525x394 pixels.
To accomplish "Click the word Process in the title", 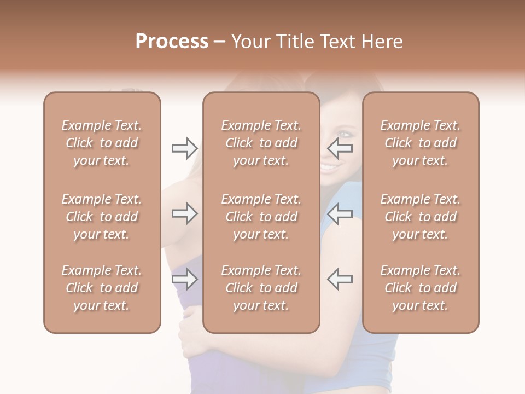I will click(x=172, y=42).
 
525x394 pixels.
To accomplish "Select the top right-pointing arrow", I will click(x=184, y=148).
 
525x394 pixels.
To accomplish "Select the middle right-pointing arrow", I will click(x=184, y=214).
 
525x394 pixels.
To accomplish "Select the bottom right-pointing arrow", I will click(x=184, y=280).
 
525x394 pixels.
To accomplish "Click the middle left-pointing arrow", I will click(x=340, y=214).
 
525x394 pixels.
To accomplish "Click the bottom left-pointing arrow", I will click(x=340, y=280).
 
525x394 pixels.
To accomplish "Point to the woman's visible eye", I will click(x=344, y=134).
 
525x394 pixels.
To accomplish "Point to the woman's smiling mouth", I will click(x=330, y=165).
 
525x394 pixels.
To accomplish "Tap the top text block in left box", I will click(x=102, y=143).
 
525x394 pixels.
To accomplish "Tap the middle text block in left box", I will click(x=102, y=217).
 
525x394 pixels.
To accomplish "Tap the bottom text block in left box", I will click(x=102, y=288).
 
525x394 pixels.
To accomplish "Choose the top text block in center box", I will click(x=261, y=143).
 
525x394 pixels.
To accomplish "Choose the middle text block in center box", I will click(x=261, y=217).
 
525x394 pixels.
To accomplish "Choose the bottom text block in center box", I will click(x=261, y=288).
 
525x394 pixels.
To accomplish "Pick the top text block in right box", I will click(x=420, y=143).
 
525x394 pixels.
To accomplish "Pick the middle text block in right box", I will click(x=420, y=217).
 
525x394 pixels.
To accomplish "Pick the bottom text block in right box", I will click(x=420, y=288).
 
